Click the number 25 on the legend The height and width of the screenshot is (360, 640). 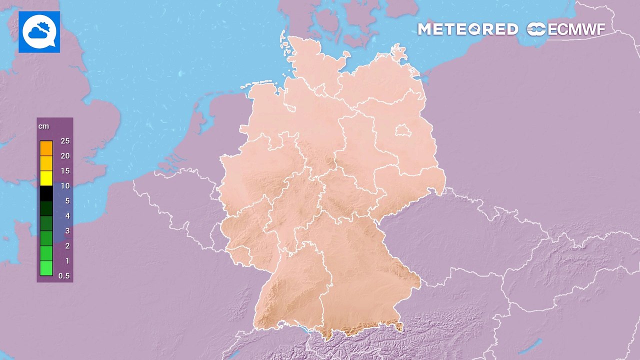64,141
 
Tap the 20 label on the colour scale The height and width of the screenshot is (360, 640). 64,156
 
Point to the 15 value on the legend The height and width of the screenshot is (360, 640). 64,171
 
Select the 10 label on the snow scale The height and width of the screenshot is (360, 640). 64,186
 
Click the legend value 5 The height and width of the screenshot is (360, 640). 67,201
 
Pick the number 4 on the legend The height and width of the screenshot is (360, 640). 67,216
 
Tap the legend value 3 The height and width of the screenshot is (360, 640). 67,231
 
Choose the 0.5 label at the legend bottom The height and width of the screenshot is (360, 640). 63,276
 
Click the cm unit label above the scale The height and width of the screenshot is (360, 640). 44,126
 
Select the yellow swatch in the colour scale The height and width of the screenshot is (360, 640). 46,178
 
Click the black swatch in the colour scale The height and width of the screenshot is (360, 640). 46,193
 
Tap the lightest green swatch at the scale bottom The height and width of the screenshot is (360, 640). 46,268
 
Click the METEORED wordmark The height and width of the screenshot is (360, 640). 467,29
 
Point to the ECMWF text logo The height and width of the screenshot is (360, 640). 576,29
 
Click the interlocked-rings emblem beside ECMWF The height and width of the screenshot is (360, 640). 536,29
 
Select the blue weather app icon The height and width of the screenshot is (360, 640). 39,32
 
